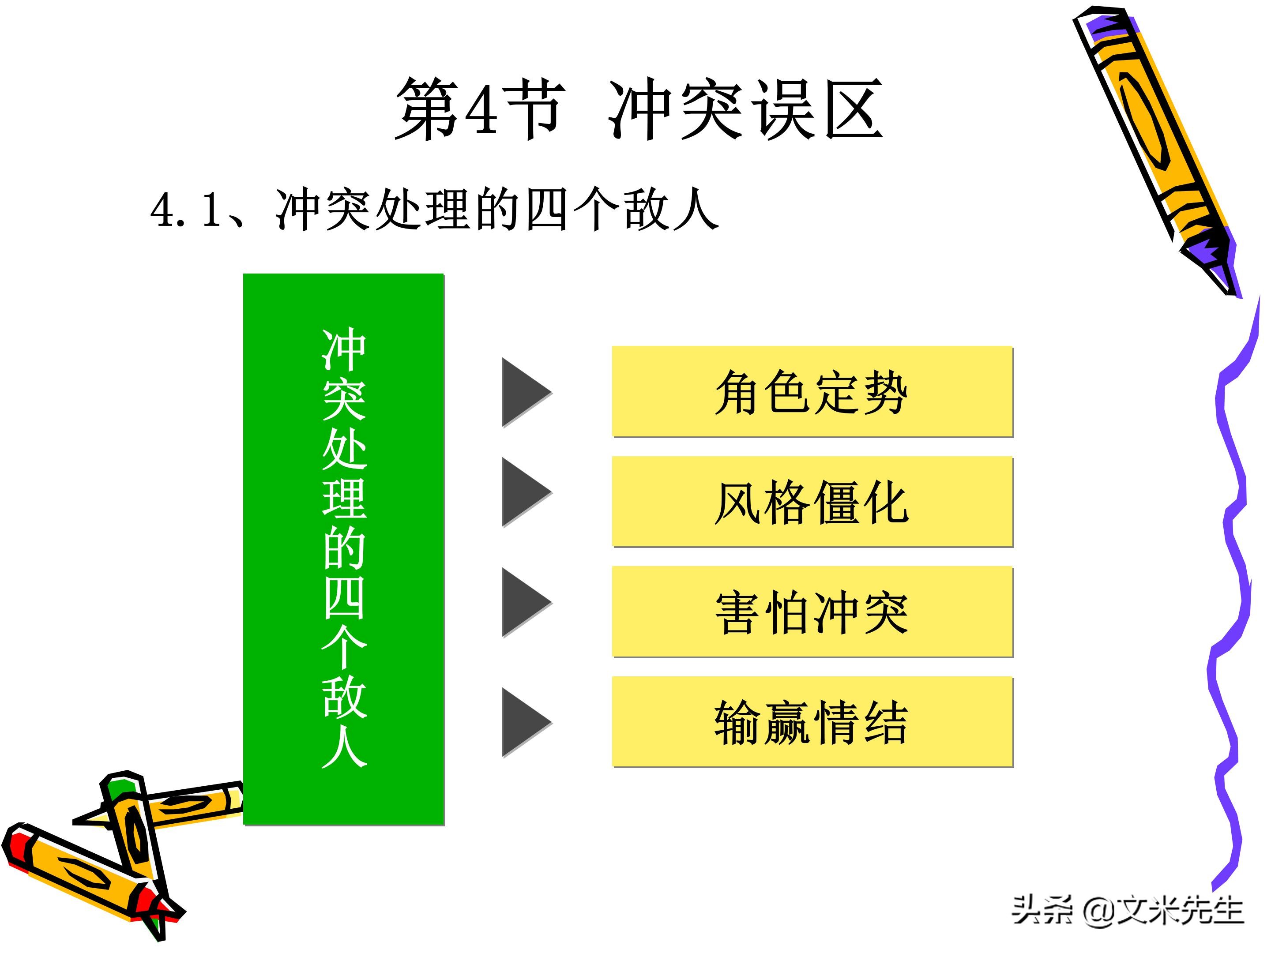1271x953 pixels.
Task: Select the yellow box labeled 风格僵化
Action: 812,502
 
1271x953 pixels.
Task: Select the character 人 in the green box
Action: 344,747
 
